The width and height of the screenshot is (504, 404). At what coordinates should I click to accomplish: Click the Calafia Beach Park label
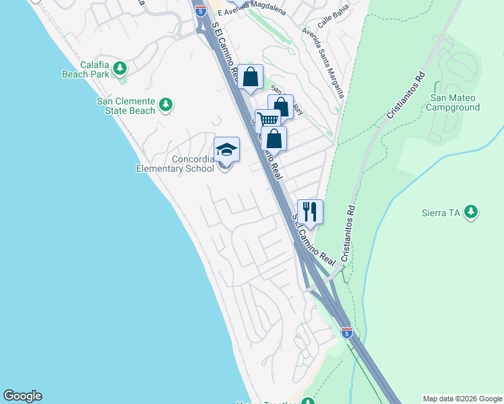(x=86, y=69)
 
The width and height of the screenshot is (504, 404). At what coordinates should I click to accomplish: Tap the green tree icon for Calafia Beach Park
(x=120, y=68)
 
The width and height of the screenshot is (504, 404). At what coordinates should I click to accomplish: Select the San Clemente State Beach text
(x=126, y=106)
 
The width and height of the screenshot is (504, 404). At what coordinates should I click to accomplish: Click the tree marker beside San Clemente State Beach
(x=166, y=104)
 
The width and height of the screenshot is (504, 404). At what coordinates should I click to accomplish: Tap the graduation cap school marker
(x=227, y=149)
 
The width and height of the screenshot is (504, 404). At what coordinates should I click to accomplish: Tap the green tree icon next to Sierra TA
(x=471, y=212)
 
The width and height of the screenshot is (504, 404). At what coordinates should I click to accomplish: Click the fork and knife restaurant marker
(x=310, y=211)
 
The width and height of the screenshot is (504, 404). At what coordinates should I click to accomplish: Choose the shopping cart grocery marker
(x=268, y=121)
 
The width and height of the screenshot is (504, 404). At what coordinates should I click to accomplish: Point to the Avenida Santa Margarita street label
(x=324, y=61)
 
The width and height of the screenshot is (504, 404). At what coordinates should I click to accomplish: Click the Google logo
(x=22, y=396)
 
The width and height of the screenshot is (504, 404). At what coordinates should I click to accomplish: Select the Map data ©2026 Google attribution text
(x=462, y=399)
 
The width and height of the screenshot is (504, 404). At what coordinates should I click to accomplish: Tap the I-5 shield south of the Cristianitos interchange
(x=346, y=333)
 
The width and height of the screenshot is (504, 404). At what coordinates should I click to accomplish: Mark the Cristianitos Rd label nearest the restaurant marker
(x=348, y=233)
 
